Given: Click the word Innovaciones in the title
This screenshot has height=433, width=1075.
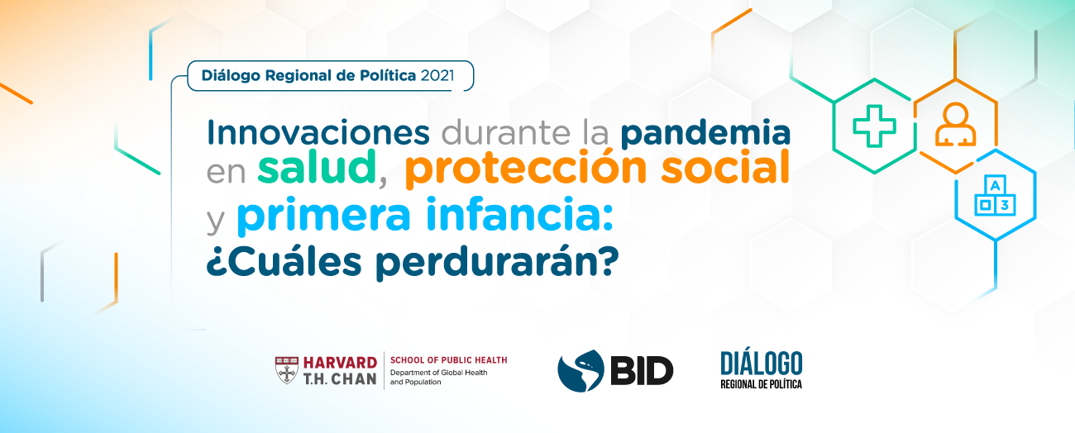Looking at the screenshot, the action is pyautogui.click(x=318, y=132).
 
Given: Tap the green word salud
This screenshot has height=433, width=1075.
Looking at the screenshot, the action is pyautogui.click(x=317, y=167).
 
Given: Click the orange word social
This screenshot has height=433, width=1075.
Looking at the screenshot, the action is pyautogui.click(x=726, y=167).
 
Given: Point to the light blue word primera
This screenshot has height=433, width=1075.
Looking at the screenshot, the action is pyautogui.click(x=324, y=216).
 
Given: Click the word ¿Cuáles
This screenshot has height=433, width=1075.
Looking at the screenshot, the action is pyautogui.click(x=284, y=261).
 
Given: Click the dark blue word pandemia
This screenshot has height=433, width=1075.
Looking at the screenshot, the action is pyautogui.click(x=705, y=134).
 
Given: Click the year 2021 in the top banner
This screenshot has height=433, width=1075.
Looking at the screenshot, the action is pyautogui.click(x=437, y=76).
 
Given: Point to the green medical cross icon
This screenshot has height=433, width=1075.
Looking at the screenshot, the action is pyautogui.click(x=874, y=126).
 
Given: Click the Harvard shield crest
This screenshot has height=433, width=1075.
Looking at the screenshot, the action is pyautogui.click(x=286, y=369).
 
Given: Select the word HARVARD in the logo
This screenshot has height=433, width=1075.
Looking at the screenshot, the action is pyautogui.click(x=340, y=363).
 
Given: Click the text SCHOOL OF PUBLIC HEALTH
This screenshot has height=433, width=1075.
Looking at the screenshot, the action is pyautogui.click(x=449, y=360).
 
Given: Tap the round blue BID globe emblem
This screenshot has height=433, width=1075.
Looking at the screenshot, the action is pyautogui.click(x=580, y=371).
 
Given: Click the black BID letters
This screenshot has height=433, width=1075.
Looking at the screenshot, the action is pyautogui.click(x=642, y=371).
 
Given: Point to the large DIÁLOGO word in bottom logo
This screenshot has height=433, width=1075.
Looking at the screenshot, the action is pyautogui.click(x=761, y=364).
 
